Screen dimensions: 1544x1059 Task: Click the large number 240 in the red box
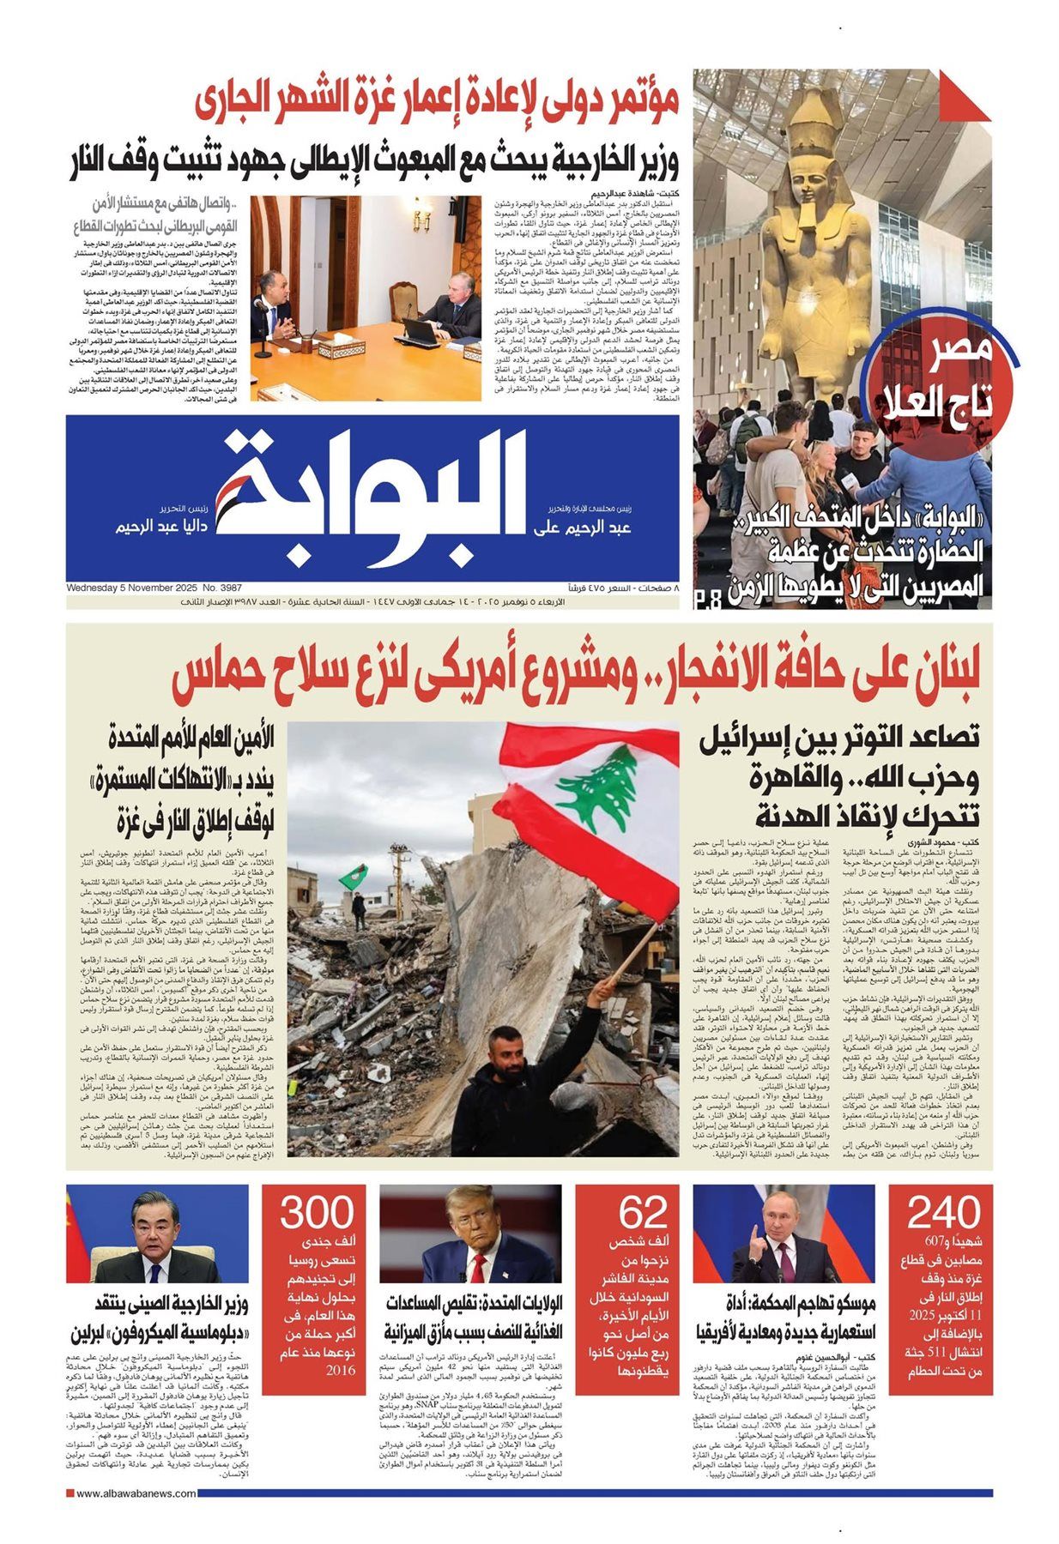pos(942,1214)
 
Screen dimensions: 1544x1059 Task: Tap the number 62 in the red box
pos(643,1214)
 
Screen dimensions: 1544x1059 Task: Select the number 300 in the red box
pos(317,1214)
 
